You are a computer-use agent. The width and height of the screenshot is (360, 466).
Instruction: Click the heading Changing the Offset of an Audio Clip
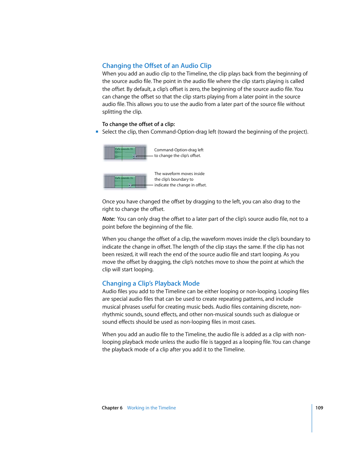pyautogui.click(x=157, y=66)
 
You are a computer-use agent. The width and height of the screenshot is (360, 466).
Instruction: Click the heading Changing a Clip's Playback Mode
pyautogui.click(x=151, y=283)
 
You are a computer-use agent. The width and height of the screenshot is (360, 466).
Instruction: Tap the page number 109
pyautogui.click(x=319, y=408)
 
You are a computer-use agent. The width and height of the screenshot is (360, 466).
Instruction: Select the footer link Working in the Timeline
pyautogui.click(x=151, y=408)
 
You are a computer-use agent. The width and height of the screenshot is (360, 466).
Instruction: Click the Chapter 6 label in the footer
pyautogui.click(x=112, y=408)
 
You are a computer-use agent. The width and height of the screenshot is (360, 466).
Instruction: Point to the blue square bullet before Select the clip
pyautogui.click(x=97, y=132)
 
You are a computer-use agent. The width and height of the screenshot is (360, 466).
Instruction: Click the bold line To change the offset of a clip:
pyautogui.click(x=138, y=124)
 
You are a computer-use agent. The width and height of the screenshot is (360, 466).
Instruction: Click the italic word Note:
pyautogui.click(x=108, y=219)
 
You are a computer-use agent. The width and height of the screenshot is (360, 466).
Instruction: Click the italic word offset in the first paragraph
pyautogui.click(x=118, y=89)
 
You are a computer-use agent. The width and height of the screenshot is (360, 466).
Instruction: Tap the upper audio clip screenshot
pyautogui.click(x=125, y=152)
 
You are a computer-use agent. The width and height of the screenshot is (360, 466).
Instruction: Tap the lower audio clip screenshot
pyautogui.click(x=125, y=181)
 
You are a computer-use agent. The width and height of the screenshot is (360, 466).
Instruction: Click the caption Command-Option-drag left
pyautogui.click(x=178, y=150)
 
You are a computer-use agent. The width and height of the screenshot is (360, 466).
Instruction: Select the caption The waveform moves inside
pyautogui.click(x=179, y=174)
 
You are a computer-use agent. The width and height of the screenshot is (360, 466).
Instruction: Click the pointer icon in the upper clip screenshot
pyautogui.click(x=134, y=156)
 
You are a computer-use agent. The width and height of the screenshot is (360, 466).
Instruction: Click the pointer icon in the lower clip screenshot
pyautogui.click(x=129, y=185)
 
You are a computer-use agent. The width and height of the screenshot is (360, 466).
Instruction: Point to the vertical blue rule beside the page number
pyautogui.click(x=312, y=418)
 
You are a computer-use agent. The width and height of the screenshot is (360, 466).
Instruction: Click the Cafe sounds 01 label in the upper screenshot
pyautogui.click(x=124, y=149)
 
